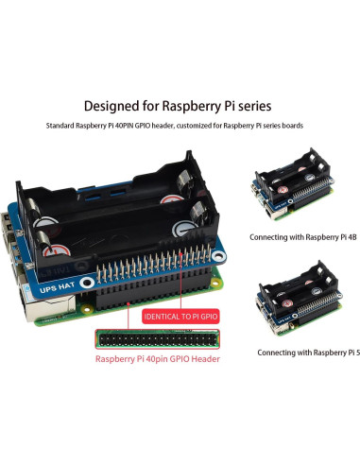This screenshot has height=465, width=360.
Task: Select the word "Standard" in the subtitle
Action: click(66, 126)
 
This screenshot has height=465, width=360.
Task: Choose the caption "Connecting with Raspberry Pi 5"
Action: click(306, 352)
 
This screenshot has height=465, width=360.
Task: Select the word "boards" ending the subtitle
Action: click(291, 126)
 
